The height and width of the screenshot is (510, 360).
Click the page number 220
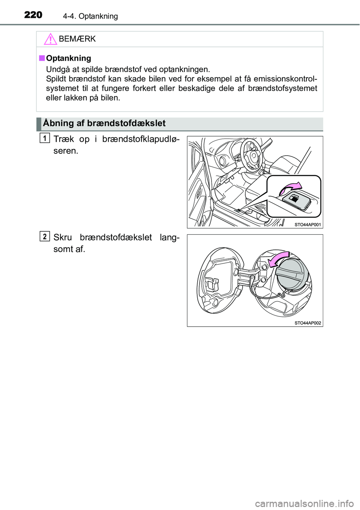[x=33, y=15]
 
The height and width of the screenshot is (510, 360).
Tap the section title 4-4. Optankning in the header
[x=90, y=16]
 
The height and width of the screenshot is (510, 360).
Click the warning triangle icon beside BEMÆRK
[x=50, y=39]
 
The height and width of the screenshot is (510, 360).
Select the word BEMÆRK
[x=77, y=39]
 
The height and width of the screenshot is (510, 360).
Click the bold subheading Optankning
[x=69, y=58]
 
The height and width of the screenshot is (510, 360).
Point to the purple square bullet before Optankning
[x=42, y=58]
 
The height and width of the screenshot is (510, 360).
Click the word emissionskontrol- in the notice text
[x=285, y=79]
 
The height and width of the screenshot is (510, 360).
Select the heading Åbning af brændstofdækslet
[x=104, y=123]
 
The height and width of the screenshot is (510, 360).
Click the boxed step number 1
[x=45, y=138]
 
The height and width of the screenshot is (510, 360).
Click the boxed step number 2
[x=45, y=236]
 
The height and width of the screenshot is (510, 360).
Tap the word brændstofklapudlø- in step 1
[x=141, y=139]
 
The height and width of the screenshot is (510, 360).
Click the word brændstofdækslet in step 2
[x=116, y=237]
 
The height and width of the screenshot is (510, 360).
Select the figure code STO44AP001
[x=307, y=225]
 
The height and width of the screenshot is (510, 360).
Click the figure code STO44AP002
[x=307, y=323]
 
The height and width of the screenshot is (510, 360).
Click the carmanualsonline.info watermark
[x=304, y=503]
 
